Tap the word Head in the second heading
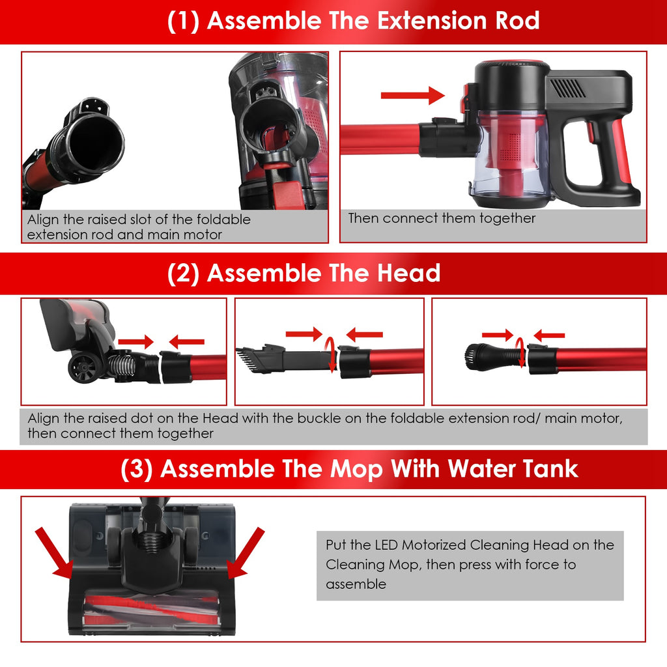[408, 273]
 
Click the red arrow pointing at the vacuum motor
[412, 95]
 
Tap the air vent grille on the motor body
[567, 89]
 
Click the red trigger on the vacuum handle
[591, 132]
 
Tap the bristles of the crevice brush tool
[245, 360]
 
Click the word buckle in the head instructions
[319, 419]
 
